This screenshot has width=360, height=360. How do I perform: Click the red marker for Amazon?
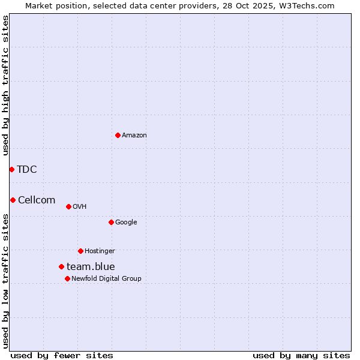118,135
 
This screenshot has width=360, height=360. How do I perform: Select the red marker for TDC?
11,169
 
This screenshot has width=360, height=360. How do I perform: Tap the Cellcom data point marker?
13,200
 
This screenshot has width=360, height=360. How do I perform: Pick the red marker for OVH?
68,206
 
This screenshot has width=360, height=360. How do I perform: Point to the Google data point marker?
111,222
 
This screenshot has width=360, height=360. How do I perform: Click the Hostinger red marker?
80,251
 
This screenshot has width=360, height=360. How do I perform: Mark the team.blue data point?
61,266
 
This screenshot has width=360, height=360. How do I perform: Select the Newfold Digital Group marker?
67,278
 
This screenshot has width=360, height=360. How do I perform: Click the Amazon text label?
134,135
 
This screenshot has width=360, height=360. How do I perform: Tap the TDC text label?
27,169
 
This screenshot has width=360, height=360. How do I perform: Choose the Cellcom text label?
37,200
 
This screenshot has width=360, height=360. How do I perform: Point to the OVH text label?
80,206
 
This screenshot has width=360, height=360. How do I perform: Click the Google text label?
126,222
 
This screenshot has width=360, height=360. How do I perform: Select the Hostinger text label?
100,251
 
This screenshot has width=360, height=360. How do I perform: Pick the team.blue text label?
91,266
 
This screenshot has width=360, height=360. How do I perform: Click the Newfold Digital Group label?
106,278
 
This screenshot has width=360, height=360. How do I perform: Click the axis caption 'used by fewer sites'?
62,355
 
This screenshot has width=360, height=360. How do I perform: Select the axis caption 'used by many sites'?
301,355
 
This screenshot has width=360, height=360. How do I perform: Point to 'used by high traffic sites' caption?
5,85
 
